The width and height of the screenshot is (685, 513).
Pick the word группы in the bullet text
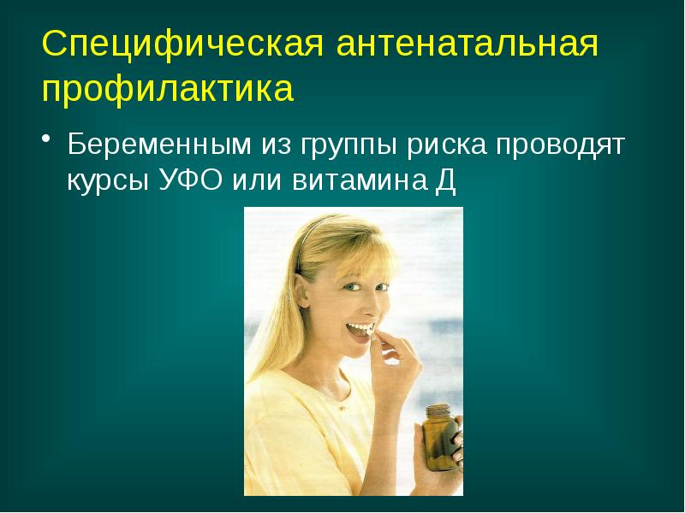[344, 145]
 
